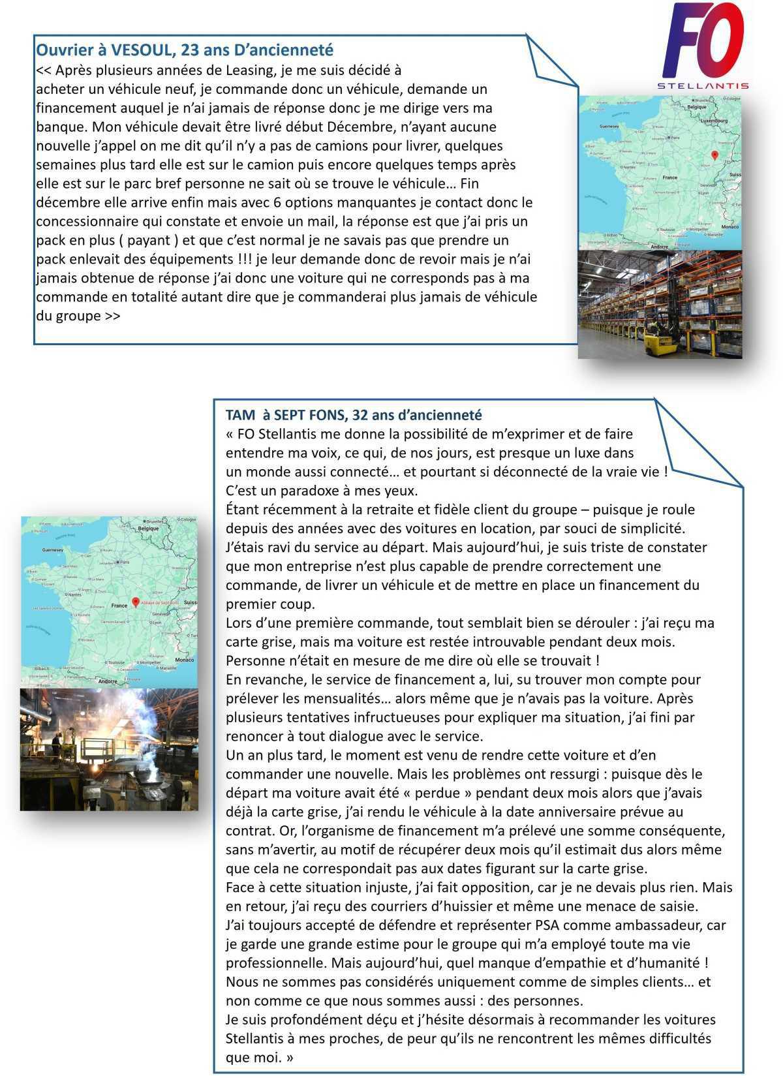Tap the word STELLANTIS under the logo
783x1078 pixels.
tap(702, 85)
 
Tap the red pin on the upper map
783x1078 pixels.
tap(714, 155)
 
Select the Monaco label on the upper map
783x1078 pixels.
tap(729, 226)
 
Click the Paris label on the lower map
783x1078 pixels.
tap(125, 561)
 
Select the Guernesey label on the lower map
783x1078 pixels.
tap(52, 550)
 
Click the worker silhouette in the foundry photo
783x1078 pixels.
tap(57, 743)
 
